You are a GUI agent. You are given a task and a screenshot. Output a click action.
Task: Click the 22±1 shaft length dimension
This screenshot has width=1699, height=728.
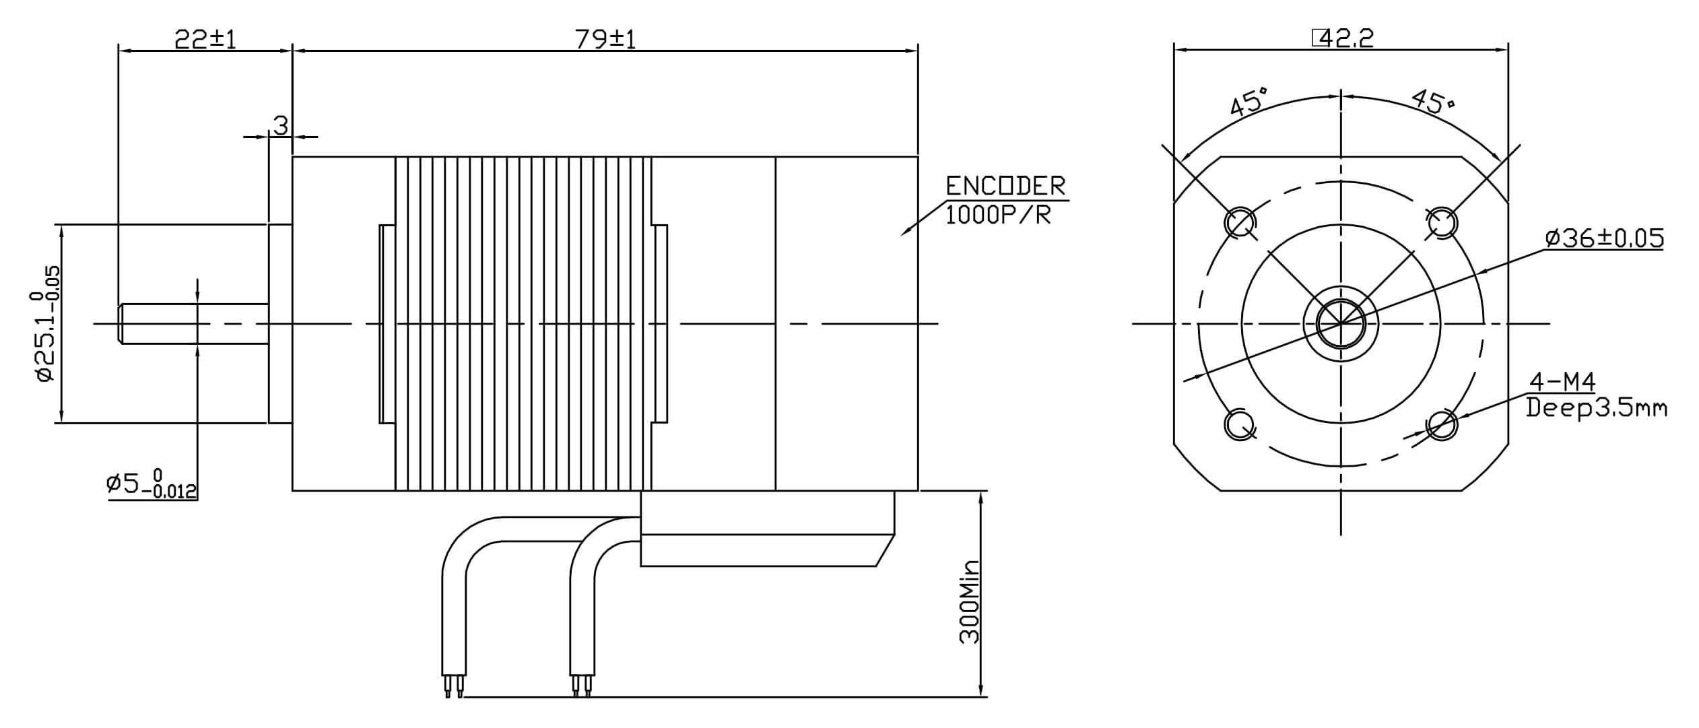(x=205, y=39)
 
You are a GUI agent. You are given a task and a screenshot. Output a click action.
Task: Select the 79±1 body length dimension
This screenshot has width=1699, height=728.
(x=605, y=39)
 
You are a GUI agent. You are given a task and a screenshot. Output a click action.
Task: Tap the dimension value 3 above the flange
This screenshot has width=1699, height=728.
(x=281, y=125)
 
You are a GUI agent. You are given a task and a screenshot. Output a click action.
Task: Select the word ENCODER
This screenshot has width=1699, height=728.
(x=1005, y=186)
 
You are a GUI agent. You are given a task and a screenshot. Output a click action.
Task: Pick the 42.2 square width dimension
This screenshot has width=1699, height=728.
(x=1342, y=38)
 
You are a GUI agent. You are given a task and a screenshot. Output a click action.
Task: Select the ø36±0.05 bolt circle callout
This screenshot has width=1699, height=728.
(x=1604, y=238)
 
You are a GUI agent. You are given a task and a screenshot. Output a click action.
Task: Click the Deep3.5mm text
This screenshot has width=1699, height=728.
(x=1596, y=408)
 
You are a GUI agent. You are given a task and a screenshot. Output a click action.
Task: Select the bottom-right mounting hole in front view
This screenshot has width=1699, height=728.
(x=1442, y=425)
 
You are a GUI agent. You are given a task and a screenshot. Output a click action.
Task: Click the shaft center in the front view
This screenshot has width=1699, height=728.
(x=1341, y=324)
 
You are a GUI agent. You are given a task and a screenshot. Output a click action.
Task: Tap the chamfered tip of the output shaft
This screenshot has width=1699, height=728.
(x=122, y=324)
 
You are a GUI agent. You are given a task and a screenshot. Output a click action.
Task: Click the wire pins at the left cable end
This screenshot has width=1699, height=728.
(x=453, y=686)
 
